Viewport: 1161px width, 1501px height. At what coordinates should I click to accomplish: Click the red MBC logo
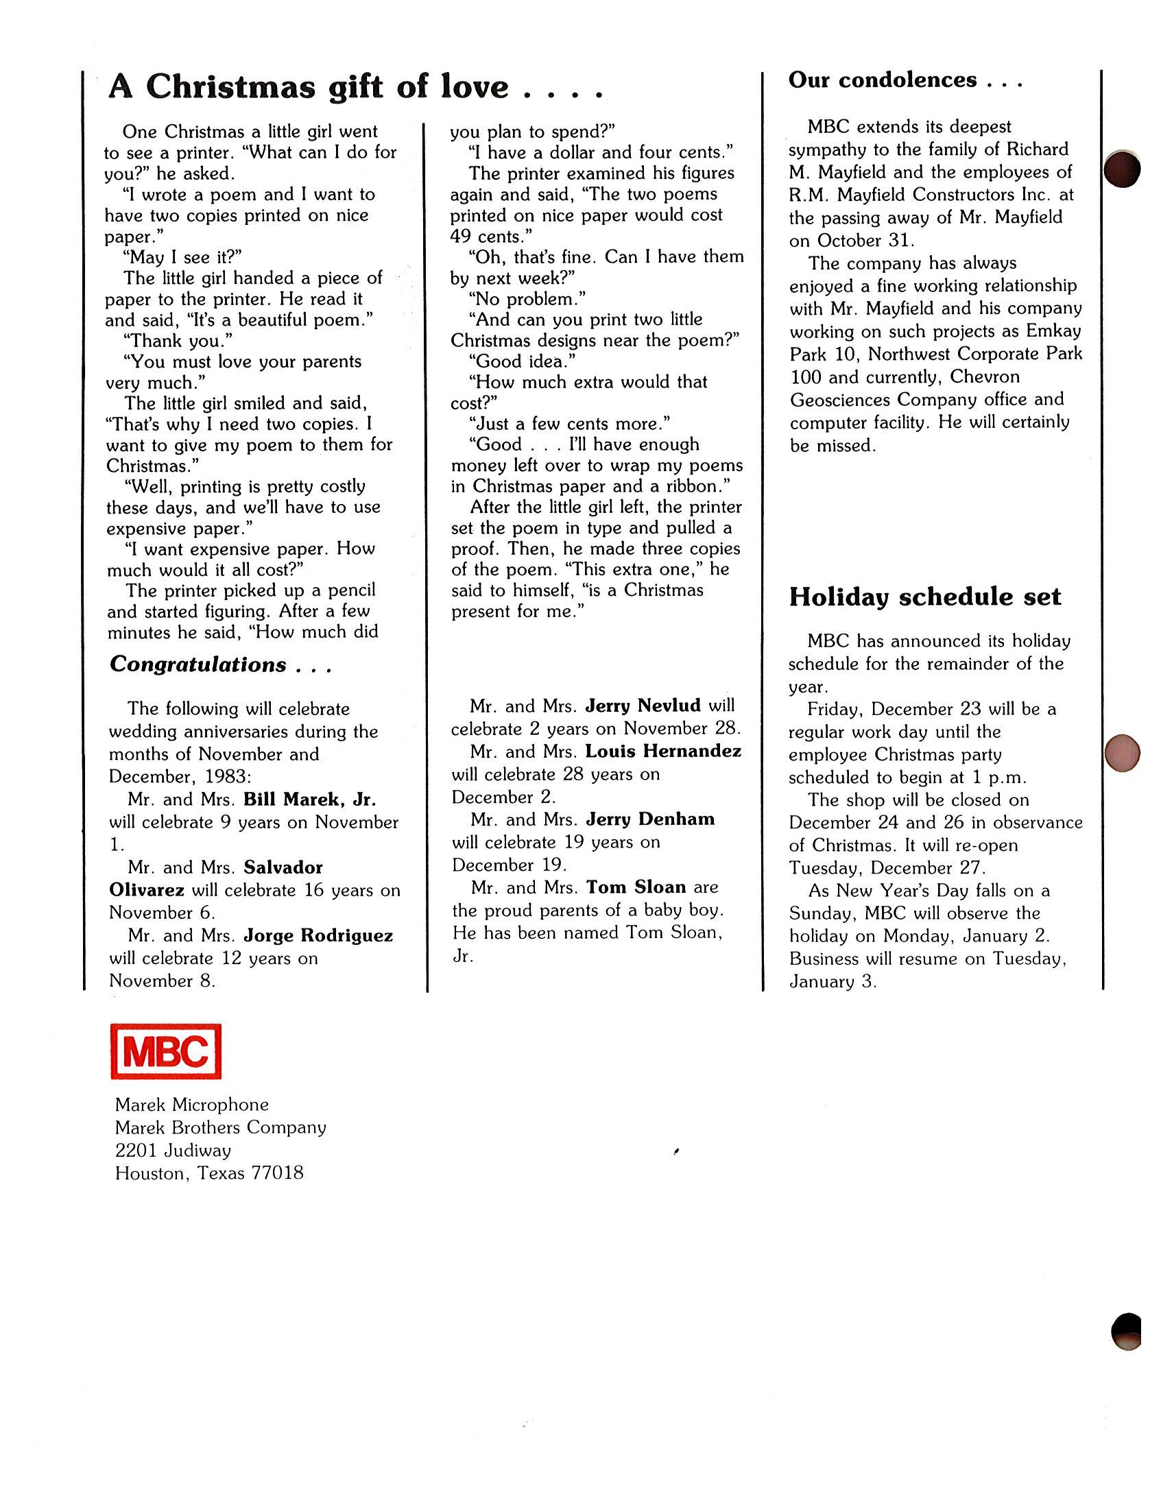click(x=166, y=1051)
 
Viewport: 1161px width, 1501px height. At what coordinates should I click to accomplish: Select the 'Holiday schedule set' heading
click(x=924, y=597)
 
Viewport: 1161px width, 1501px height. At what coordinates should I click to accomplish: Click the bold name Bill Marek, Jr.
click(x=309, y=800)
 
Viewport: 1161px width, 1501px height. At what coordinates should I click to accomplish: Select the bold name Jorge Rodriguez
click(x=318, y=935)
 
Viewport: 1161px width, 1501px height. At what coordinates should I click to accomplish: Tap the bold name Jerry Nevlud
click(x=643, y=706)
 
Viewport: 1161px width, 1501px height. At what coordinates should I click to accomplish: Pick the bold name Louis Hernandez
click(x=663, y=752)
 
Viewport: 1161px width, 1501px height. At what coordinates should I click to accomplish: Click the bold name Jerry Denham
click(x=650, y=819)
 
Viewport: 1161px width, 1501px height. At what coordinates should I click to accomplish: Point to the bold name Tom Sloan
click(x=636, y=887)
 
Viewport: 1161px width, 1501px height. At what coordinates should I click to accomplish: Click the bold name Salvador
click(x=283, y=867)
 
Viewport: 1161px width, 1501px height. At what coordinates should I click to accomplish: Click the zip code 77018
click(x=277, y=1173)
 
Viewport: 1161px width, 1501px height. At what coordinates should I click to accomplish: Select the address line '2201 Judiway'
click(x=173, y=1151)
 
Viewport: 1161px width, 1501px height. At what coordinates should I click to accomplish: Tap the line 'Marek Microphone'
click(x=192, y=1105)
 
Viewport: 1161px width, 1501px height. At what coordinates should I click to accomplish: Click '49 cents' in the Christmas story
click(x=486, y=237)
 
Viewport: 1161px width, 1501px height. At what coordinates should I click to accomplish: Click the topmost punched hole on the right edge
click(x=1122, y=169)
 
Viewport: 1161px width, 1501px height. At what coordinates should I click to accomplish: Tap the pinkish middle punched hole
click(x=1122, y=753)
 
